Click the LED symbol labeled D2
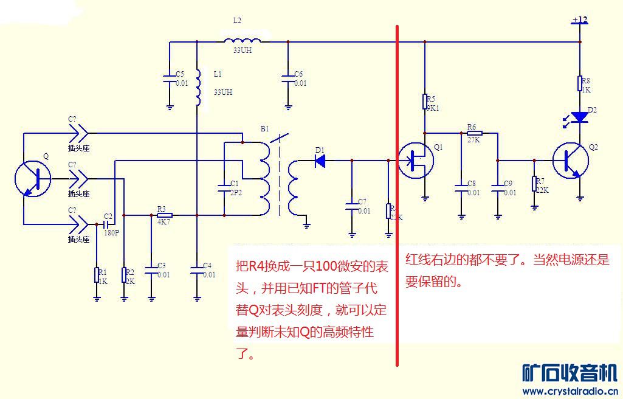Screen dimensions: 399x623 pos(580,117)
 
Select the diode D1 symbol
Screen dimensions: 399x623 pos(320,161)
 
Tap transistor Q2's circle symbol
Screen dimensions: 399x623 pos(571,161)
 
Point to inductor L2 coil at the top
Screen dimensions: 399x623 pos(243,41)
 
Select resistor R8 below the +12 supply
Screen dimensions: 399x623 pos(580,83)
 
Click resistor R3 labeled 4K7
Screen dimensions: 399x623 pos(164,215)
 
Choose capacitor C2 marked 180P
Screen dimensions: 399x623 pos(106,224)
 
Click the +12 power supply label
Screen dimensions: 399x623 pos(579,20)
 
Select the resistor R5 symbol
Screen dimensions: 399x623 pos(425,101)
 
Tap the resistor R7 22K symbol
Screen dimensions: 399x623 pos(534,184)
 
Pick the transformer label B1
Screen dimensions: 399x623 pos(264,129)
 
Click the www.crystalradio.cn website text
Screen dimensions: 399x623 pos(570,391)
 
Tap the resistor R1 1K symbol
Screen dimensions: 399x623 pos(97,275)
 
